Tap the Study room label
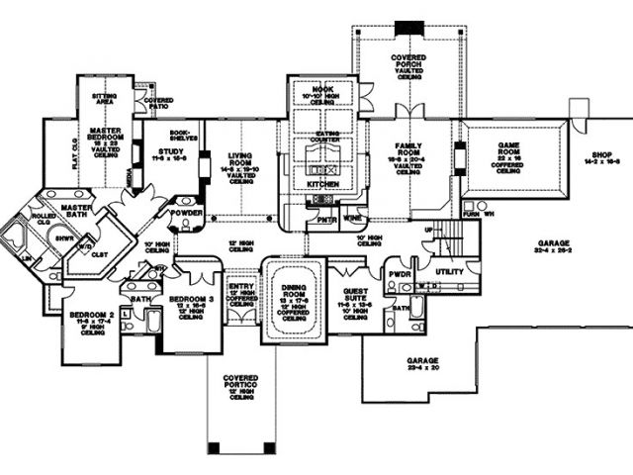pos(166,151)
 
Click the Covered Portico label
pos(241,381)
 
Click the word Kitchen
pos(323,185)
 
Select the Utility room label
pos(450,270)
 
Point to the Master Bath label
pos(77,209)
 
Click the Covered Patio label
pos(158,102)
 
